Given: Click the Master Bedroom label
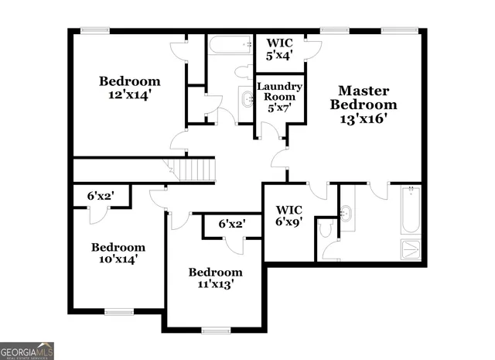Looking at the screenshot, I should point(364,98).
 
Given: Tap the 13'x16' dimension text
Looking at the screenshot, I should point(364,119).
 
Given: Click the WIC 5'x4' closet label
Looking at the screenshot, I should point(279,49).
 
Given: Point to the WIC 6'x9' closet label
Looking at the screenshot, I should point(290,215).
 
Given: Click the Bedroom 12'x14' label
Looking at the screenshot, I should point(129,87).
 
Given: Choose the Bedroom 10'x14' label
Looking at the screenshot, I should point(118,253).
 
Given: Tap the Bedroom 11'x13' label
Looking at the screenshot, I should point(215,278).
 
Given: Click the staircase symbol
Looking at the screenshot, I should point(191,169).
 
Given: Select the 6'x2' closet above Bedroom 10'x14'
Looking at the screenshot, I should point(101,197).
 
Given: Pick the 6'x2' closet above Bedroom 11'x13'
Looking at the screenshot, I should point(231,224).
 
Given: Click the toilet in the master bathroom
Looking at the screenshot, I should point(326,228).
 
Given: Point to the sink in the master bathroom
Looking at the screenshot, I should point(346,212).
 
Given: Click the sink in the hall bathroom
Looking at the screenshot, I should point(247,98).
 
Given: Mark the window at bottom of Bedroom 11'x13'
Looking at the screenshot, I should point(216,330).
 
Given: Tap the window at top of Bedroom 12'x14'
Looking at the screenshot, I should point(95,31).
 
